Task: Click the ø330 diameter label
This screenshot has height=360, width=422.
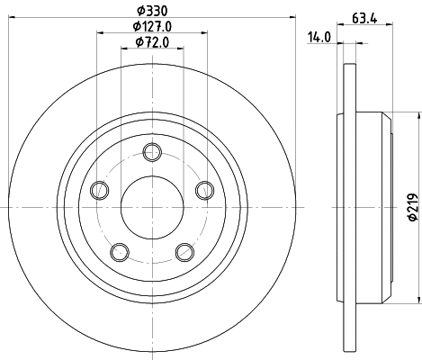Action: (152, 11)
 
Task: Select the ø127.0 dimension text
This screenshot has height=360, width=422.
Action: (152, 26)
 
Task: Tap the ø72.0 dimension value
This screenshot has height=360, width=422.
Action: (152, 41)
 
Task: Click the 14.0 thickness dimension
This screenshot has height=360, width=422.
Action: (319, 36)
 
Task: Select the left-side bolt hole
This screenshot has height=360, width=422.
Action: (99, 189)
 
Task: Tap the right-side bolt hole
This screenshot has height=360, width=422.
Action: (205, 189)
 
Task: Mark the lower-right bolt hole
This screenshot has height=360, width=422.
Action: (184, 251)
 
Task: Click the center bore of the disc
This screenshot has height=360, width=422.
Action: (152, 206)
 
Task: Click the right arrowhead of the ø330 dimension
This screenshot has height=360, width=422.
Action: (292, 20)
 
